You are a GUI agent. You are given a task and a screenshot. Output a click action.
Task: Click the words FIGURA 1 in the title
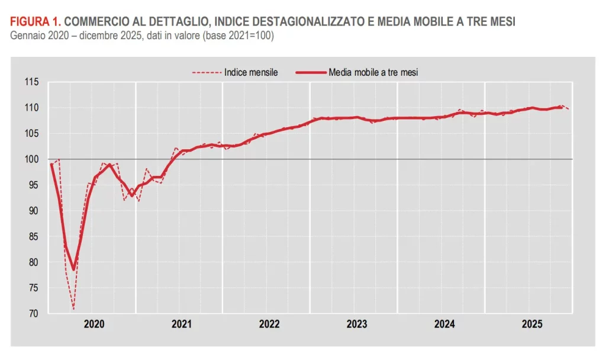click(34, 22)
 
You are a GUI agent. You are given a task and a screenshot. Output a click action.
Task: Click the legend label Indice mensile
click(251, 72)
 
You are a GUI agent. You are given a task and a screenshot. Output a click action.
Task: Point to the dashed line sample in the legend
click(206, 72)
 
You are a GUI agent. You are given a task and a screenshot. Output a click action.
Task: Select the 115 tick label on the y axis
click(32, 82)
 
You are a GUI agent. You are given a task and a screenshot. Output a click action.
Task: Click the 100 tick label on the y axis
click(32, 159)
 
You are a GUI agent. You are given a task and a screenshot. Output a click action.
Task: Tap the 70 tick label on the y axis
click(34, 314)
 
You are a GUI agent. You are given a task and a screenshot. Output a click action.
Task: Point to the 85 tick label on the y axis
click(34, 237)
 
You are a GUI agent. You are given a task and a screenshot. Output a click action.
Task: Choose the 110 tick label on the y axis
click(32, 108)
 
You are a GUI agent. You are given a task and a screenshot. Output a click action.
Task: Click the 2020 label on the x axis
click(94, 324)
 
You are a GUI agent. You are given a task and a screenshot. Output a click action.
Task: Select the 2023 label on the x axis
click(357, 324)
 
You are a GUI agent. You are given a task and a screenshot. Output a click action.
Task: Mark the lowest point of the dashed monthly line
click(73, 309)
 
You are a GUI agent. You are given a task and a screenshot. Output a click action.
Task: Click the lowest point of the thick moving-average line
click(73, 270)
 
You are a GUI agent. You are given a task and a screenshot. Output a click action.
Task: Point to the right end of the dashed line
click(569, 110)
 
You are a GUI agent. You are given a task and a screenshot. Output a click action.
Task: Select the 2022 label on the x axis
click(269, 324)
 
